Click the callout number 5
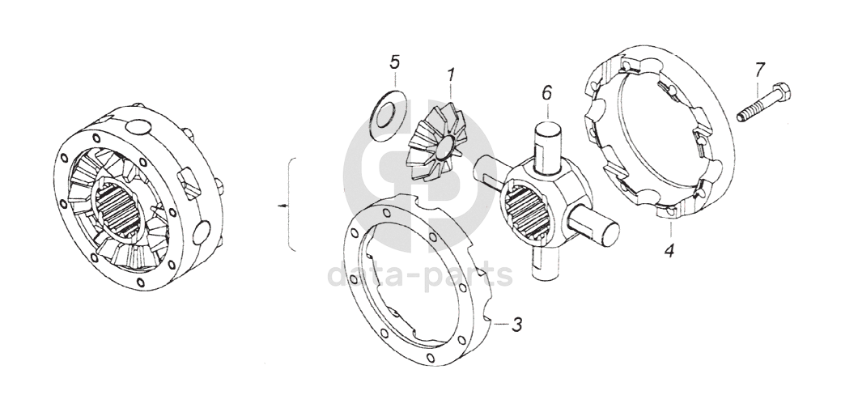pos(394,62)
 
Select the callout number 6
pos(546,93)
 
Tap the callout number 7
pos(758,70)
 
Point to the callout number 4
pos(669,250)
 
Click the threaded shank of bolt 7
pos(752,108)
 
